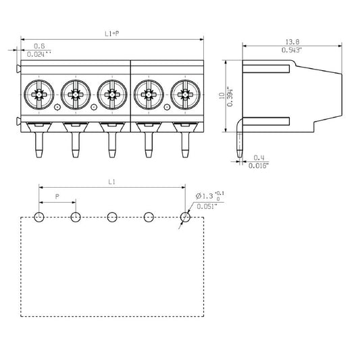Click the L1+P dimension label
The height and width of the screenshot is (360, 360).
[x=111, y=33]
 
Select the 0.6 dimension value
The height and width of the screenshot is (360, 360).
[x=40, y=46]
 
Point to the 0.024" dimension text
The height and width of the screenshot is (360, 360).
[x=42, y=53]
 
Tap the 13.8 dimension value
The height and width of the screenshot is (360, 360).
[x=291, y=42]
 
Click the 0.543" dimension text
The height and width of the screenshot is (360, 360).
[x=292, y=50]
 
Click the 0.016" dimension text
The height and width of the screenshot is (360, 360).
[x=259, y=165]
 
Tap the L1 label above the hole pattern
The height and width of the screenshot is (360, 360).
[x=111, y=182]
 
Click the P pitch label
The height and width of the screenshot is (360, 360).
[x=57, y=196]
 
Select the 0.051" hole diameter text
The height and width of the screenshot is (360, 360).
[x=206, y=207]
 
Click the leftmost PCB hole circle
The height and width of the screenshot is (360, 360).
[x=39, y=217]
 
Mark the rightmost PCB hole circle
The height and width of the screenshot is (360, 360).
[x=186, y=217]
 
